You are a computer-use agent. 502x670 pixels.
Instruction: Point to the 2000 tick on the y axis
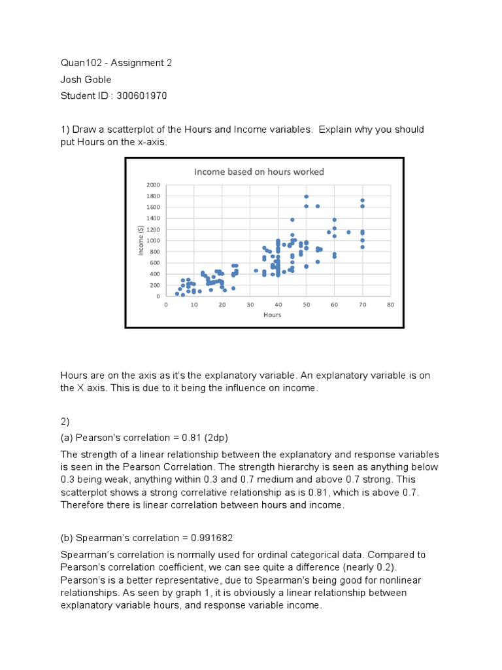154,185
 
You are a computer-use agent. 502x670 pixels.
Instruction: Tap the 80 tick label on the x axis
390,305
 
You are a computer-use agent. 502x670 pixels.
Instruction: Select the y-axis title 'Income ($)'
141,240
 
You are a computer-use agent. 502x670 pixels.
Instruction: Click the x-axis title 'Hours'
272,315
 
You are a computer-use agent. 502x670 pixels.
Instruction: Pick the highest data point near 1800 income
306,196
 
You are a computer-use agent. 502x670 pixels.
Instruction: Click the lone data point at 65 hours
348,232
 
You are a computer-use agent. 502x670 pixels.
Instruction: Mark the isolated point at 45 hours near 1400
292,220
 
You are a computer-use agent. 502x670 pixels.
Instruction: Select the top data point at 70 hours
362,201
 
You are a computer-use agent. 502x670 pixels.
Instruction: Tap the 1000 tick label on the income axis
154,241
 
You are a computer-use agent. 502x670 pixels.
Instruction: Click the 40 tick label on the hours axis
278,305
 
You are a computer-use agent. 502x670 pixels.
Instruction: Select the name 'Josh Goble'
86,80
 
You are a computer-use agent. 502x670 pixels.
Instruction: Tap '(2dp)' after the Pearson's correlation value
212,438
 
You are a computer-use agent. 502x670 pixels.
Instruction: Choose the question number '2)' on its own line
65,421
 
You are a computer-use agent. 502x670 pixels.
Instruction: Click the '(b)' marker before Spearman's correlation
67,538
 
